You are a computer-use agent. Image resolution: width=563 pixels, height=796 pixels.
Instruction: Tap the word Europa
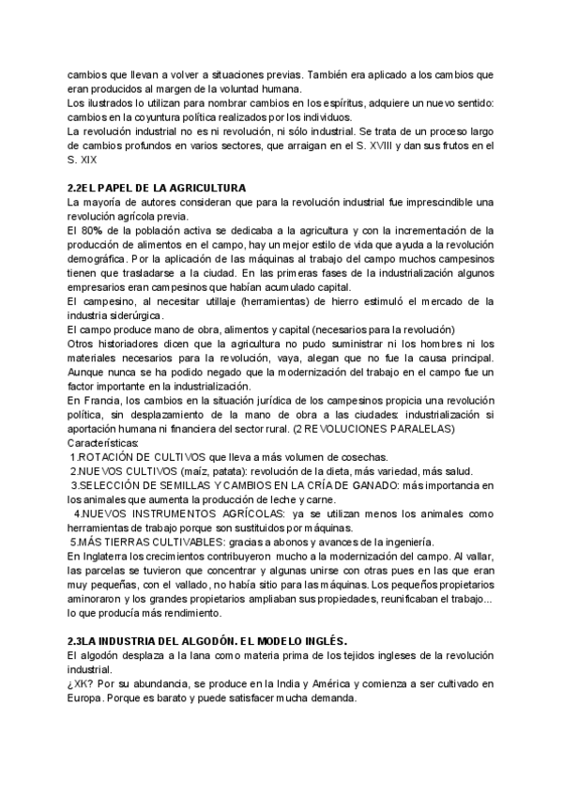coord(87,699)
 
